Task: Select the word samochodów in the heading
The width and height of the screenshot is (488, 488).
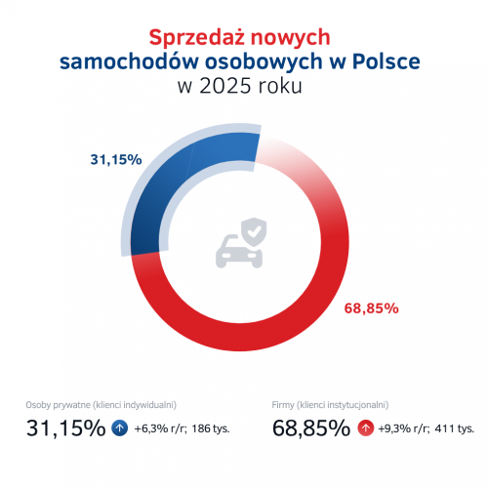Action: coord(120,61)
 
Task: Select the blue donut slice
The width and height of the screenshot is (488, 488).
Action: coord(166,185)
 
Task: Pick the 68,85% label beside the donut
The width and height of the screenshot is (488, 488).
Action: coord(371,308)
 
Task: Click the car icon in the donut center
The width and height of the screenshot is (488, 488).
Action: coord(237,250)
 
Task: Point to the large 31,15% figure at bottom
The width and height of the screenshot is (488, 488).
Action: coord(64,427)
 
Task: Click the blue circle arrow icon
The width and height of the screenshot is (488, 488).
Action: coord(120,427)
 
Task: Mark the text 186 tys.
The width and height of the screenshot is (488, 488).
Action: coord(210,428)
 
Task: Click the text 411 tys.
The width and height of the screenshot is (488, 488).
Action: coord(455,428)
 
